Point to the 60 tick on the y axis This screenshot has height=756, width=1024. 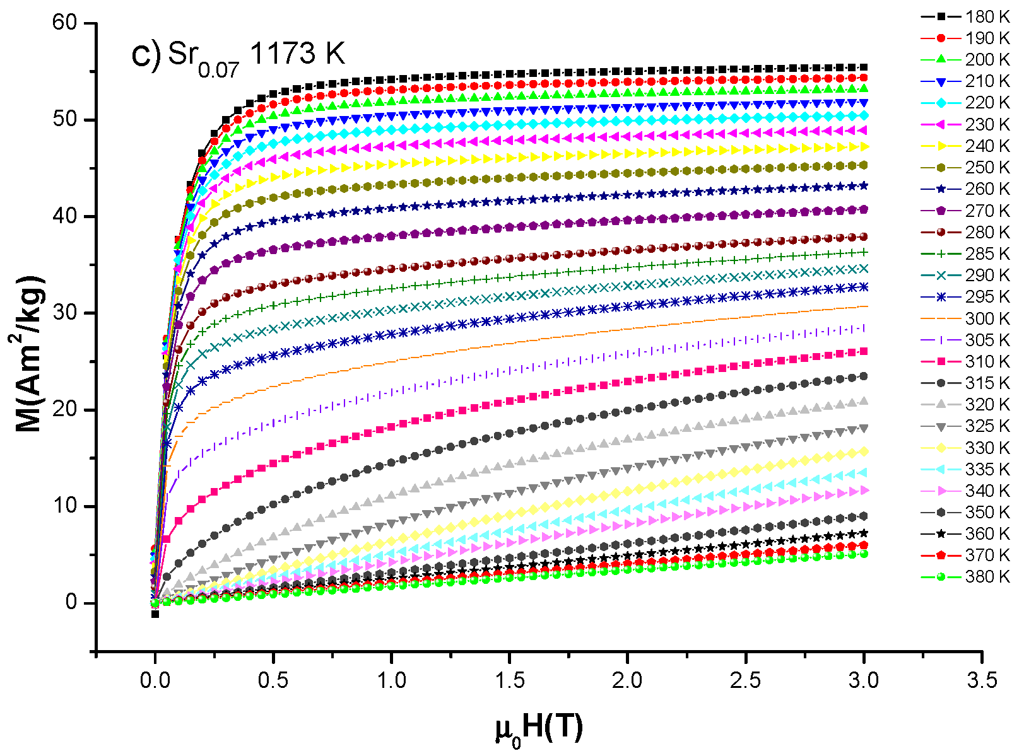(x=65, y=23)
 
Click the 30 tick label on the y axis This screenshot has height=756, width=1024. (x=65, y=313)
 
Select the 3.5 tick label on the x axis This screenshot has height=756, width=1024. (x=982, y=680)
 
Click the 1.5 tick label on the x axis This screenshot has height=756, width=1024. (x=509, y=680)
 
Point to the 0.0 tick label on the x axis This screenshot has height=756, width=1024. (x=155, y=680)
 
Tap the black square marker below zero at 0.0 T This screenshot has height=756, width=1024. (x=155, y=614)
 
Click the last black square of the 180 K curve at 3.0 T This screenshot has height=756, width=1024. (x=864, y=67)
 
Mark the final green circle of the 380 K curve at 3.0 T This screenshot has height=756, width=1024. (x=864, y=554)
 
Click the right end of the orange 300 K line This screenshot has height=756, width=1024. (x=865, y=306)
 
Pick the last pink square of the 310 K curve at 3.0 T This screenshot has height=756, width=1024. (x=864, y=351)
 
